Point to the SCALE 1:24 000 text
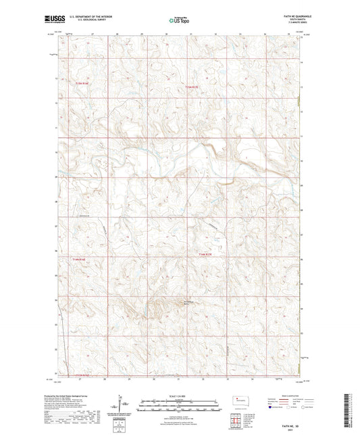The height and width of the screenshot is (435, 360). [180, 396]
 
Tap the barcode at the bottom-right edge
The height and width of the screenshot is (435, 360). [348, 412]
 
